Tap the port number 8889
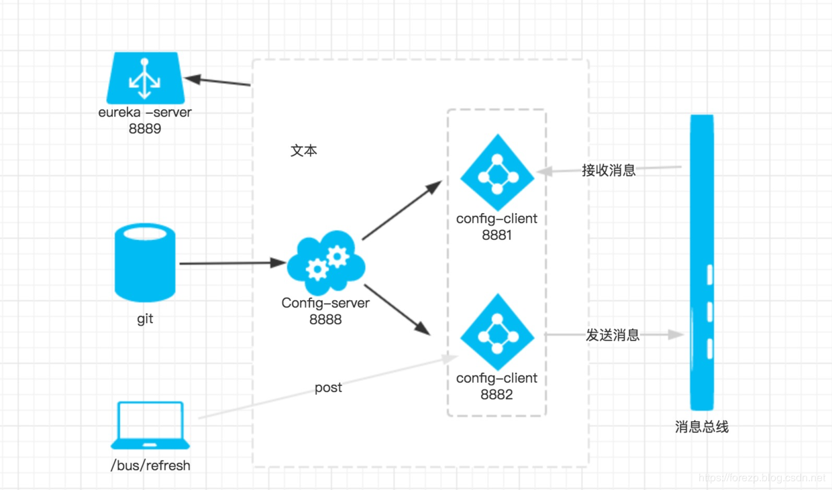pyautogui.click(x=145, y=128)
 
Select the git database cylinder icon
pyautogui.click(x=145, y=263)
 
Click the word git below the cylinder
pyautogui.click(x=145, y=318)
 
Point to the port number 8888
pyautogui.click(x=325, y=319)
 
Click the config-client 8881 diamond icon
pyautogui.click(x=497, y=173)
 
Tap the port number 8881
pyautogui.click(x=497, y=235)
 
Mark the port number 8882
pyautogui.click(x=497, y=394)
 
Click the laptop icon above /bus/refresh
pyautogui.click(x=150, y=425)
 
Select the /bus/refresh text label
pyautogui.click(x=150, y=465)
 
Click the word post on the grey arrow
pyautogui.click(x=328, y=387)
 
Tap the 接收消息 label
pyautogui.click(x=609, y=170)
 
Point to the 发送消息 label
pyautogui.click(x=613, y=335)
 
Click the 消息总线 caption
pyautogui.click(x=702, y=427)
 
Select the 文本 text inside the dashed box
pyautogui.click(x=303, y=151)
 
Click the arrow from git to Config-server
pyautogui.click(x=232, y=263)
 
